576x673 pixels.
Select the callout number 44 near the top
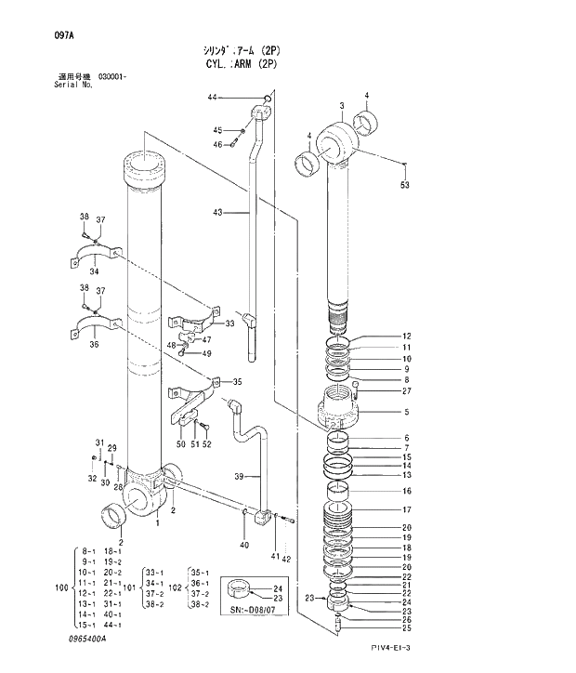(212, 98)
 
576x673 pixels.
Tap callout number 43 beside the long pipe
(216, 213)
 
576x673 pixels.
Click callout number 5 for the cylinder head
(406, 412)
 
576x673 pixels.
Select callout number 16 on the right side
(406, 491)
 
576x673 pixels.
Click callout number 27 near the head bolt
(406, 391)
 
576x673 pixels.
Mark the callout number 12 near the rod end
(406, 336)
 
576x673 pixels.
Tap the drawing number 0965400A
(87, 640)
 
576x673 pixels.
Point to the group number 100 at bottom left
(62, 588)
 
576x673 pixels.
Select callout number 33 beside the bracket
(229, 323)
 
